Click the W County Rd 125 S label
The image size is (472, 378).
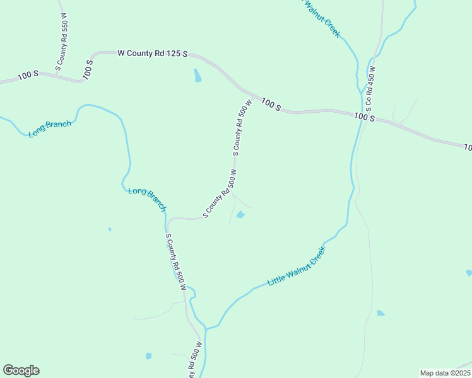click(x=153, y=54)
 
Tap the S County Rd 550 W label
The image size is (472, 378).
click(x=62, y=45)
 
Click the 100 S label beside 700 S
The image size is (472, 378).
click(x=28, y=74)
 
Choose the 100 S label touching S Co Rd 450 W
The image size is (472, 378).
click(x=364, y=117)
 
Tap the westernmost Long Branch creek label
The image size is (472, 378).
click(x=50, y=129)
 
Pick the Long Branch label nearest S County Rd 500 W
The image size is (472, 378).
click(x=147, y=199)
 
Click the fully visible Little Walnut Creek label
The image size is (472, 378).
click(x=297, y=267)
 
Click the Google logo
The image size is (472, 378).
click(x=21, y=370)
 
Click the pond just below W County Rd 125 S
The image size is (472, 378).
click(x=198, y=76)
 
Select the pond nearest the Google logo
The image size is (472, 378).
click(x=148, y=356)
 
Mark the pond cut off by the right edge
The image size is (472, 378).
click(x=469, y=273)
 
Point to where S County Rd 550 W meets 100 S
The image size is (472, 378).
click(x=57, y=75)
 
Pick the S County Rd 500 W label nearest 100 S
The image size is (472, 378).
click(x=243, y=126)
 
